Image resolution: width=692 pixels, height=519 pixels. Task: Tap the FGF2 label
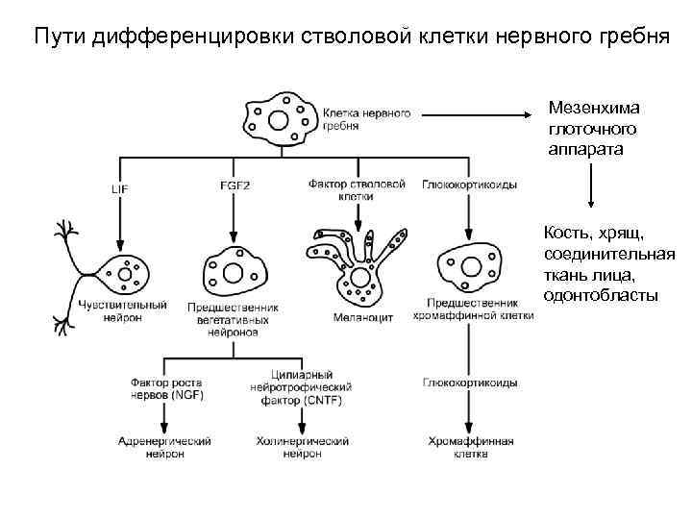tap(235, 185)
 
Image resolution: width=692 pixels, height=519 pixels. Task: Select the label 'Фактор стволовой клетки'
tap(355, 189)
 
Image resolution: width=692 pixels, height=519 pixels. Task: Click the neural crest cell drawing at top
tap(280, 119)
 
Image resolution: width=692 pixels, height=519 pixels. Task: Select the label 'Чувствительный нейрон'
tap(118, 310)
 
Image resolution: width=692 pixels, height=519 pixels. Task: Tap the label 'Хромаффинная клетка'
tap(471, 448)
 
